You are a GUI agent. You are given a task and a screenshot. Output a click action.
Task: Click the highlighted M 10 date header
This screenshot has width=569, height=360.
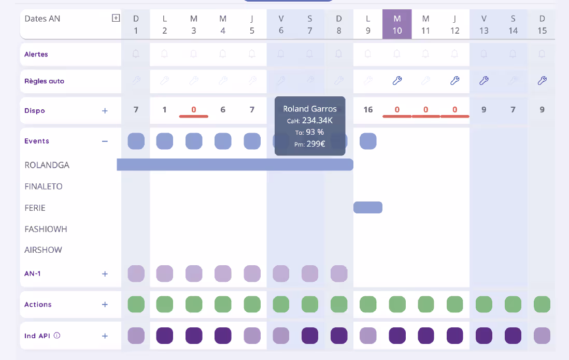397,24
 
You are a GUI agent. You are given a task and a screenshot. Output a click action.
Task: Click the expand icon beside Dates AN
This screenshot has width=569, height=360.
116,18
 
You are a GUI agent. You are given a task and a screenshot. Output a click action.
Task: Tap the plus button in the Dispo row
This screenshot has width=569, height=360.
105,111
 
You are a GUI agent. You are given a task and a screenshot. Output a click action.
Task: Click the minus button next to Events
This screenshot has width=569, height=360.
105,141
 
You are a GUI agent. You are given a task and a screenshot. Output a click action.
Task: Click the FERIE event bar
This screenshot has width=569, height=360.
368,207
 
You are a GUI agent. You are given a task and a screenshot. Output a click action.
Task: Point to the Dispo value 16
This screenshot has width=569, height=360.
368,110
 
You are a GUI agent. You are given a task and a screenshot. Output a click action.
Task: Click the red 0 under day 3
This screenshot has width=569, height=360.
194,110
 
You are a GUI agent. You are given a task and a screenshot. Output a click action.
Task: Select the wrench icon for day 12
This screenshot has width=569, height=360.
455,81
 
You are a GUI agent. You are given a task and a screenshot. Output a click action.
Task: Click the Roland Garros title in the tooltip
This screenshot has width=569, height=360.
310,109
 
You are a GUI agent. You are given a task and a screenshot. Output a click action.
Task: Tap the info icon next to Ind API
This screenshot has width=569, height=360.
57,335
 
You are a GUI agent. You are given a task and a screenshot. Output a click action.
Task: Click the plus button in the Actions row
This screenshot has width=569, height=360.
105,305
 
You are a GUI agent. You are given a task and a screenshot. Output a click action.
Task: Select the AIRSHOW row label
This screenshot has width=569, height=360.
43,250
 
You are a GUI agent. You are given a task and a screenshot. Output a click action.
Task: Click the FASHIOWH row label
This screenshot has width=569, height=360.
46,229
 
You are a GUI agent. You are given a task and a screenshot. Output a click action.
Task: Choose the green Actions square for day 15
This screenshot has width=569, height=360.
542,304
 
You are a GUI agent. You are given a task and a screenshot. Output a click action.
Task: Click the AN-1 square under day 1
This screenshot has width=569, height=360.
136,273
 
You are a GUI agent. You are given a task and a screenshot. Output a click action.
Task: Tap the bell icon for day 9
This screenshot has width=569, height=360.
368,54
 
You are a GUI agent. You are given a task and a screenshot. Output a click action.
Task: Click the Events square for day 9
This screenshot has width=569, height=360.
368,141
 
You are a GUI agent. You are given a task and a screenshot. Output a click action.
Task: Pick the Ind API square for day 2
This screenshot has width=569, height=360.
165,336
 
